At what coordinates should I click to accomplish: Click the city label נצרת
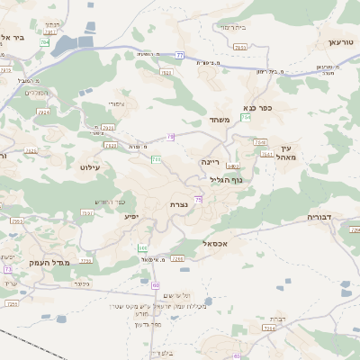pyautogui.click(x=179, y=205)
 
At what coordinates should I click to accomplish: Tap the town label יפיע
pyautogui.click(x=131, y=216)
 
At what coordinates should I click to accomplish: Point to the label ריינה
pyautogui.click(x=211, y=160)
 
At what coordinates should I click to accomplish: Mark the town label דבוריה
pyautogui.click(x=321, y=218)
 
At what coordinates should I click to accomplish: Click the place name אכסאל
pyautogui.click(x=220, y=243)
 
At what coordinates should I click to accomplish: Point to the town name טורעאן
pyautogui.click(x=342, y=42)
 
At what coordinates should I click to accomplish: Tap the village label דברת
pyautogui.click(x=277, y=319)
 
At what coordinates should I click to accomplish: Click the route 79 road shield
pyautogui.click(x=170, y=136)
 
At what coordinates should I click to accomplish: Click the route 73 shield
pyautogui.click(x=7, y=269)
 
